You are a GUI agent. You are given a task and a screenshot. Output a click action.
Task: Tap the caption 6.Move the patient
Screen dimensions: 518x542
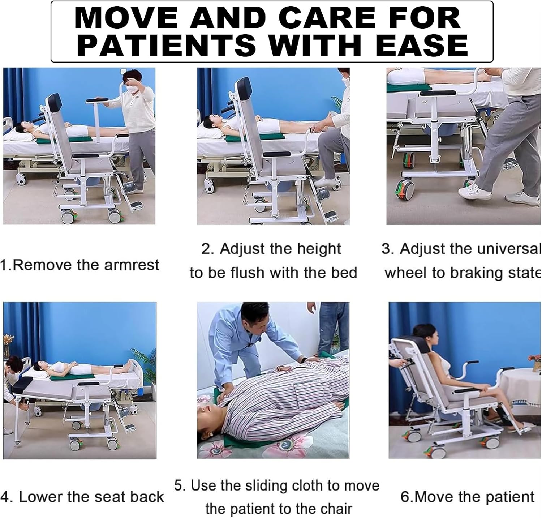pos(467,497)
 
